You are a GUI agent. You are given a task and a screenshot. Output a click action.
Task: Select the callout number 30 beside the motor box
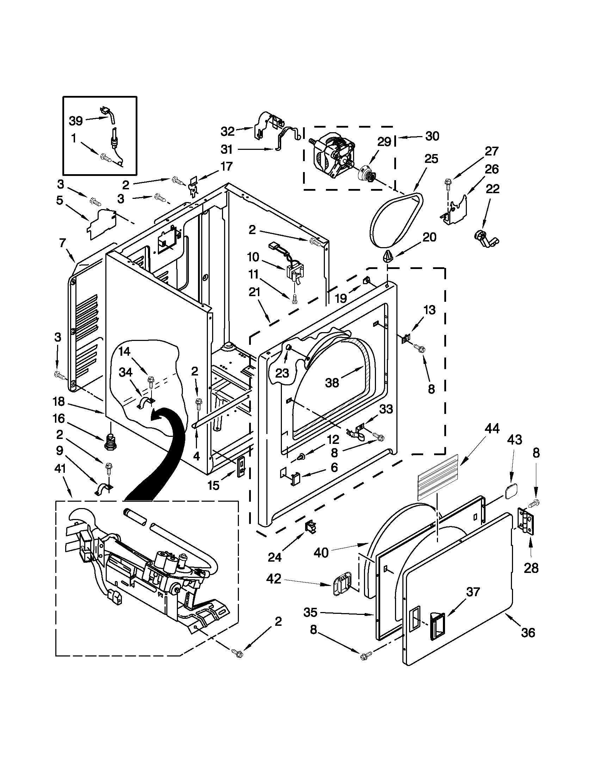pyautogui.click(x=432, y=136)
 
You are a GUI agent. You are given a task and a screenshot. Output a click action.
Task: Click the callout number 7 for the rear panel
pyautogui.click(x=62, y=243)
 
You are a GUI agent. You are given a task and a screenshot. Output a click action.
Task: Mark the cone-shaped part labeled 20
pyautogui.click(x=388, y=255)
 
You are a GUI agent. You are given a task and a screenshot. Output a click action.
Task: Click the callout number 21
pyautogui.click(x=254, y=292)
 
